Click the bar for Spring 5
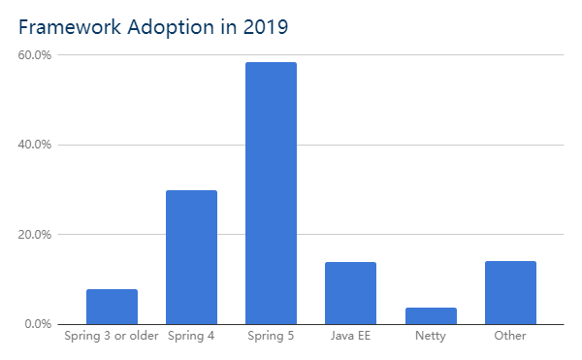coord(271,193)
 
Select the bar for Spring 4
coord(191,257)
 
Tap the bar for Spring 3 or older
coord(112,307)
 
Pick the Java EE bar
coord(350,293)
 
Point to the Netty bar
coord(430,315)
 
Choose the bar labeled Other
coord(510,292)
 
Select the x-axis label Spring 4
coord(191,337)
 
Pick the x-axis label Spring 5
coord(271,337)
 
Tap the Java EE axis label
coord(350,337)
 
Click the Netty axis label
coord(430,337)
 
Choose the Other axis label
coord(510,337)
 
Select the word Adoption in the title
coord(167,27)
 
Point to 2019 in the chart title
coord(267,27)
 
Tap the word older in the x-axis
coord(141,337)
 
